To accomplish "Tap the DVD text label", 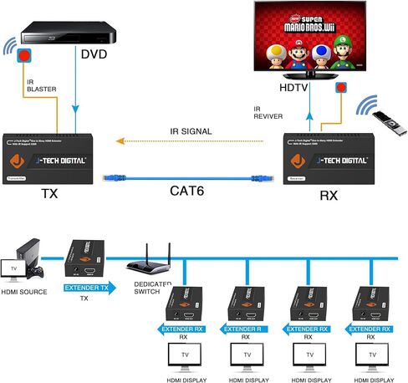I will [x=94, y=56].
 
